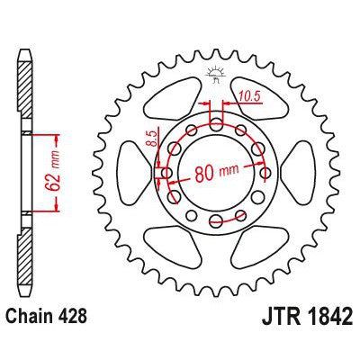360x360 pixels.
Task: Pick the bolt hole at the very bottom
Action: tap(215, 222)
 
